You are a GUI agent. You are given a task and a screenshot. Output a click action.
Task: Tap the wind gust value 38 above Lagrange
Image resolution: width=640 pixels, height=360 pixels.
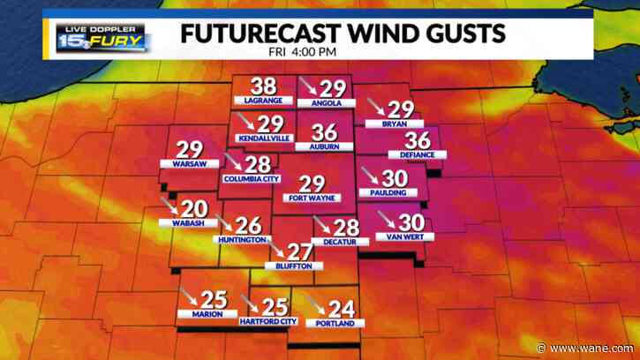(263, 86)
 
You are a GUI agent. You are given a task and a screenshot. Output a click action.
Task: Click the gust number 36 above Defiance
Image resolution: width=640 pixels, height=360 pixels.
(417, 140)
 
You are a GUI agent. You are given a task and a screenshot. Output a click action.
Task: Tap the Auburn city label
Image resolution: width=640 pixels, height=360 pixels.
(325, 146)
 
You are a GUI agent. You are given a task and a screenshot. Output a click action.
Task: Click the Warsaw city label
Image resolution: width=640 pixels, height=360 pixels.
(189, 164)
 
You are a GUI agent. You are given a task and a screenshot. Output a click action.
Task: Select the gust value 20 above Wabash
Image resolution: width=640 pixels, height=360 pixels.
(193, 208)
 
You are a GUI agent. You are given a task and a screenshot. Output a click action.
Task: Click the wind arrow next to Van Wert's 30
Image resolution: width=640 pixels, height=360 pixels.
(385, 217)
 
